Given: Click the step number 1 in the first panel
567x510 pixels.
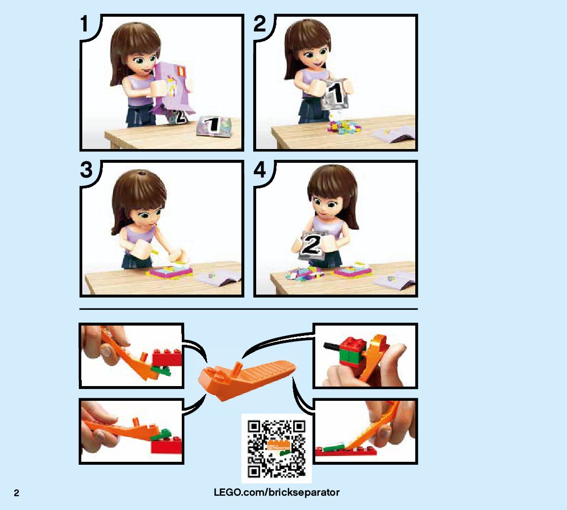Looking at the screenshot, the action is pyautogui.click(x=84, y=24).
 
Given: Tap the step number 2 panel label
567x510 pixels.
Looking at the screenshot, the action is pyautogui.click(x=260, y=24).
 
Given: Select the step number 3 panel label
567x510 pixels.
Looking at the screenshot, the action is pyautogui.click(x=86, y=170).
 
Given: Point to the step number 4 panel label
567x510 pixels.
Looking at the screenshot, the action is pyautogui.click(x=260, y=170).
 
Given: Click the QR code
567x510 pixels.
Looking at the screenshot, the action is pyautogui.click(x=277, y=449).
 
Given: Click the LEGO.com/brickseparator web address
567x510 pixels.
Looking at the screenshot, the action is pyautogui.click(x=277, y=492).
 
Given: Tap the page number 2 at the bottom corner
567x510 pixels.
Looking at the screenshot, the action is pyautogui.click(x=17, y=493).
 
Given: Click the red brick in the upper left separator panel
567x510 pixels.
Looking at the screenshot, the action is pyautogui.click(x=167, y=358).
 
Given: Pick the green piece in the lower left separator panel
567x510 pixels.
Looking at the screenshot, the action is pyautogui.click(x=163, y=435).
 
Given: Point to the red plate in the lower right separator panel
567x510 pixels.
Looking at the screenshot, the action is pyautogui.click(x=345, y=450).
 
